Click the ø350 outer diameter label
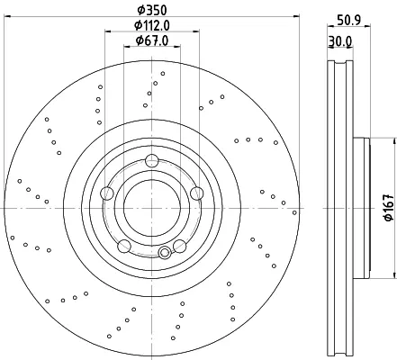point(152,10)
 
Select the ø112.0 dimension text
point(152,25)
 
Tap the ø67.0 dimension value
point(152,40)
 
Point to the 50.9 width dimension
point(349,21)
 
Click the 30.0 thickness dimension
point(339,41)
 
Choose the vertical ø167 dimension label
point(389,207)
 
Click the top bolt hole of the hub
point(152,160)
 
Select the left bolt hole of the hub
point(107,193)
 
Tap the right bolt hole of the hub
point(197,193)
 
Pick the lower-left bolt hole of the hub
point(124,246)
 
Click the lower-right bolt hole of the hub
point(180,246)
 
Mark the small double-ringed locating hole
point(165,253)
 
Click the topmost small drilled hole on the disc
point(163,74)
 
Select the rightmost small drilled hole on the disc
point(294,212)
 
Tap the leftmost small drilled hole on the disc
point(13,238)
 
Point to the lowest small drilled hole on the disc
point(173,338)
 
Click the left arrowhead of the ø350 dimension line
point(6,16)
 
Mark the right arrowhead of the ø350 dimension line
point(296,16)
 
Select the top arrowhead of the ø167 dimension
point(394,141)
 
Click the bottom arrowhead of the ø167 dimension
point(394,275)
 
